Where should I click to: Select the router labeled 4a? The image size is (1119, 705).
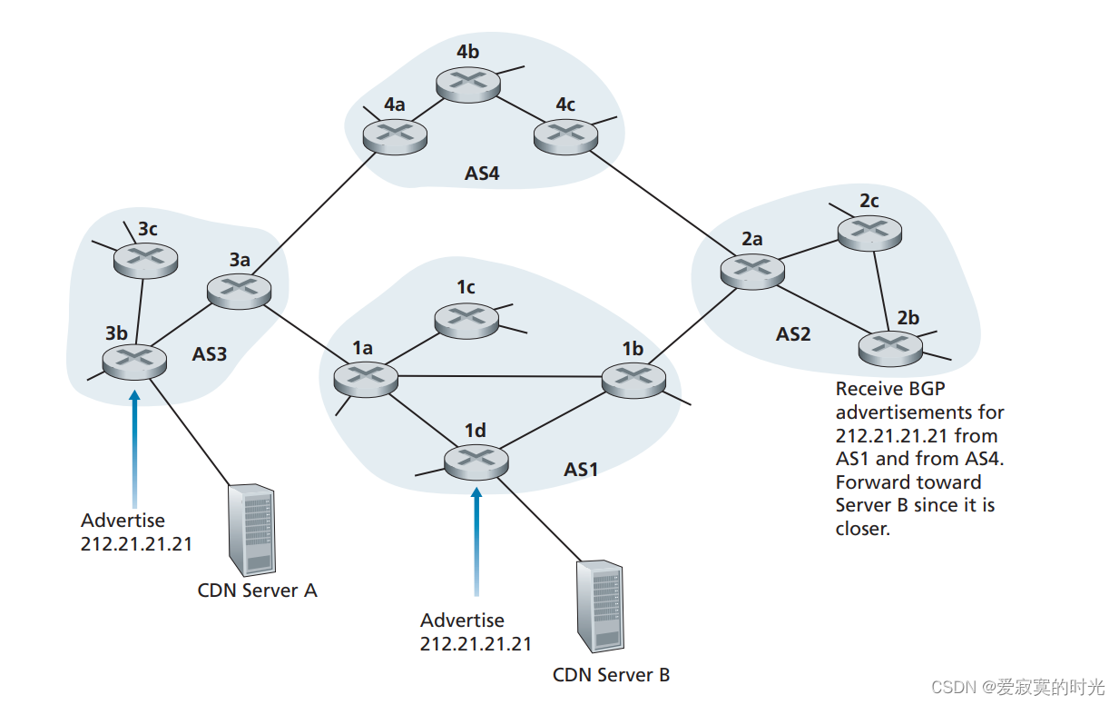[395, 137]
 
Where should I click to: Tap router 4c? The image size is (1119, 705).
[565, 137]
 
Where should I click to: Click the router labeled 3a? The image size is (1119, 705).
[240, 291]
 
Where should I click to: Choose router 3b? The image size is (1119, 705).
[134, 362]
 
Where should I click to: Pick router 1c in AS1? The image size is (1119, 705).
[466, 319]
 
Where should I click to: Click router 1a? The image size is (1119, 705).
[366, 379]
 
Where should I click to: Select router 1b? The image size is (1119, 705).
[633, 379]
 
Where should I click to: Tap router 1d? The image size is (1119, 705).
[476, 462]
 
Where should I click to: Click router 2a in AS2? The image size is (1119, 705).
[752, 270]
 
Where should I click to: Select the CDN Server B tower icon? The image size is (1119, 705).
[600, 607]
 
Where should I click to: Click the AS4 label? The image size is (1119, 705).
[482, 173]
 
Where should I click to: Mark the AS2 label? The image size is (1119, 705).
[793, 334]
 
